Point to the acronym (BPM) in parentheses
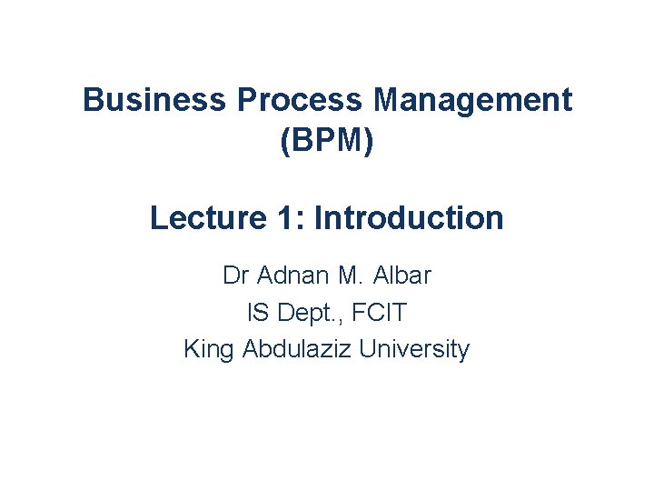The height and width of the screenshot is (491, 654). tap(327, 142)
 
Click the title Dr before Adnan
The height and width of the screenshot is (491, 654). tap(235, 275)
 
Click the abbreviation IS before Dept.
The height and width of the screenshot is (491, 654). tap(256, 313)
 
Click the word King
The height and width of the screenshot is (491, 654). tap(210, 349)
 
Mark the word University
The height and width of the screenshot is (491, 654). tap(415, 349)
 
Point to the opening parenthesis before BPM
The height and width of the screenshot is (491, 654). tap(287, 142)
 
